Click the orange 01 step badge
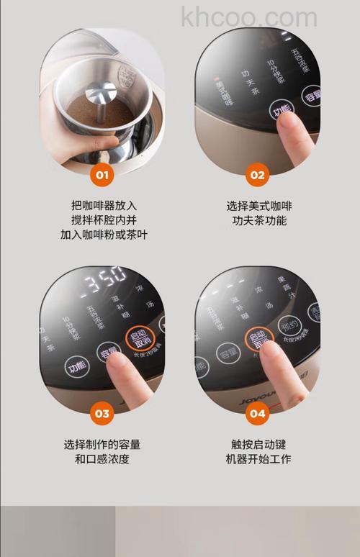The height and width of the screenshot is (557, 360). (x=102, y=174)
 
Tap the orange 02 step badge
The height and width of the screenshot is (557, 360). (x=257, y=174)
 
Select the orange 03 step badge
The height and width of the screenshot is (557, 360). (x=102, y=413)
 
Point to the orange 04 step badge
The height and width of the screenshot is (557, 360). (x=257, y=413)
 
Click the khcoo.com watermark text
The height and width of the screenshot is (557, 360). (x=249, y=17)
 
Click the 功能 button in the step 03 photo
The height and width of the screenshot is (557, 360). (x=77, y=366)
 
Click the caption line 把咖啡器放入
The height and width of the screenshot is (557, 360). (x=104, y=205)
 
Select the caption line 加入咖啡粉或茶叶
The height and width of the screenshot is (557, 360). (x=104, y=235)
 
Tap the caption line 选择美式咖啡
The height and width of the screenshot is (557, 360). (x=259, y=206)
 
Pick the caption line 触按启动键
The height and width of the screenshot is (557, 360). (x=259, y=444)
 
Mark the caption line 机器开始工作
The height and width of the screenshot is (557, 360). (x=259, y=459)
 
